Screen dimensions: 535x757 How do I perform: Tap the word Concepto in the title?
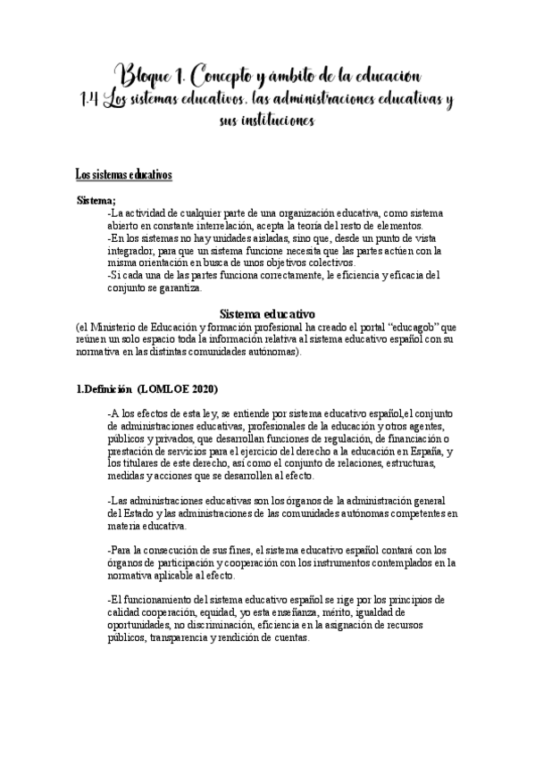click(240, 72)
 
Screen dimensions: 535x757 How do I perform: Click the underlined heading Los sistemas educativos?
click(123, 174)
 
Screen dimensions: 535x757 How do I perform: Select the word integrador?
click(133, 252)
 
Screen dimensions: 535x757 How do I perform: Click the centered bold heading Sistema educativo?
click(268, 314)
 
